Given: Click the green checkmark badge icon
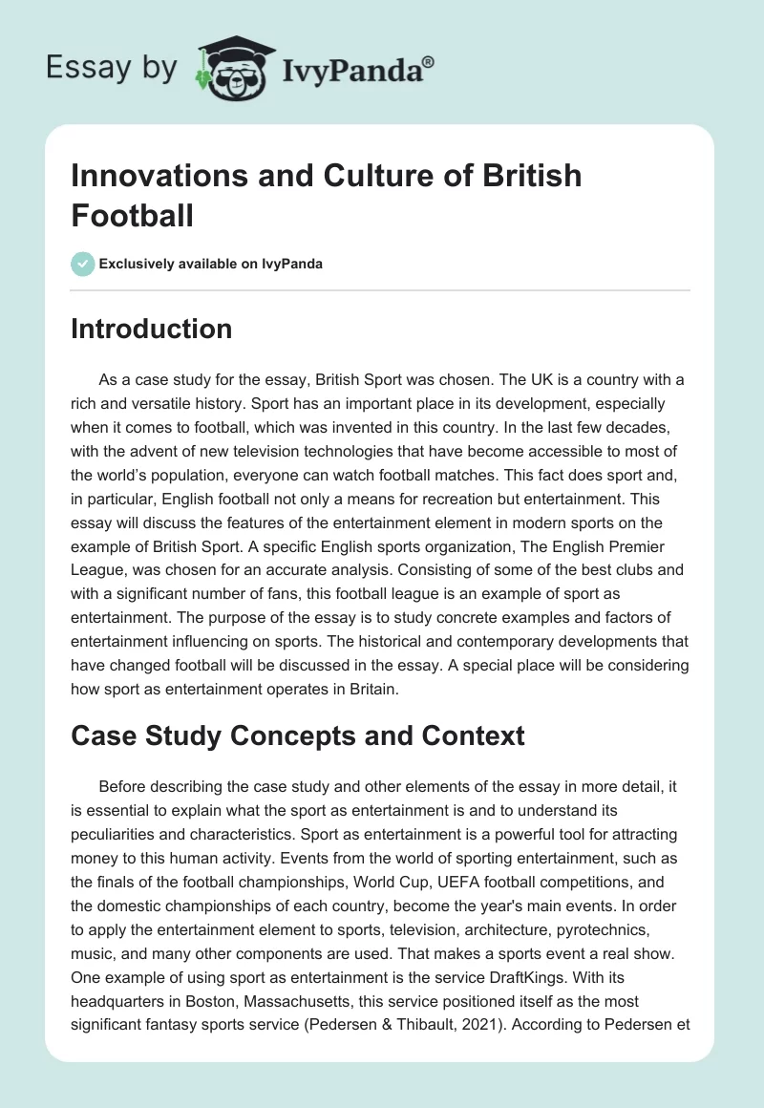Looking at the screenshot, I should [83, 264].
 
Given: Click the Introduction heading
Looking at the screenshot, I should [151, 329].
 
